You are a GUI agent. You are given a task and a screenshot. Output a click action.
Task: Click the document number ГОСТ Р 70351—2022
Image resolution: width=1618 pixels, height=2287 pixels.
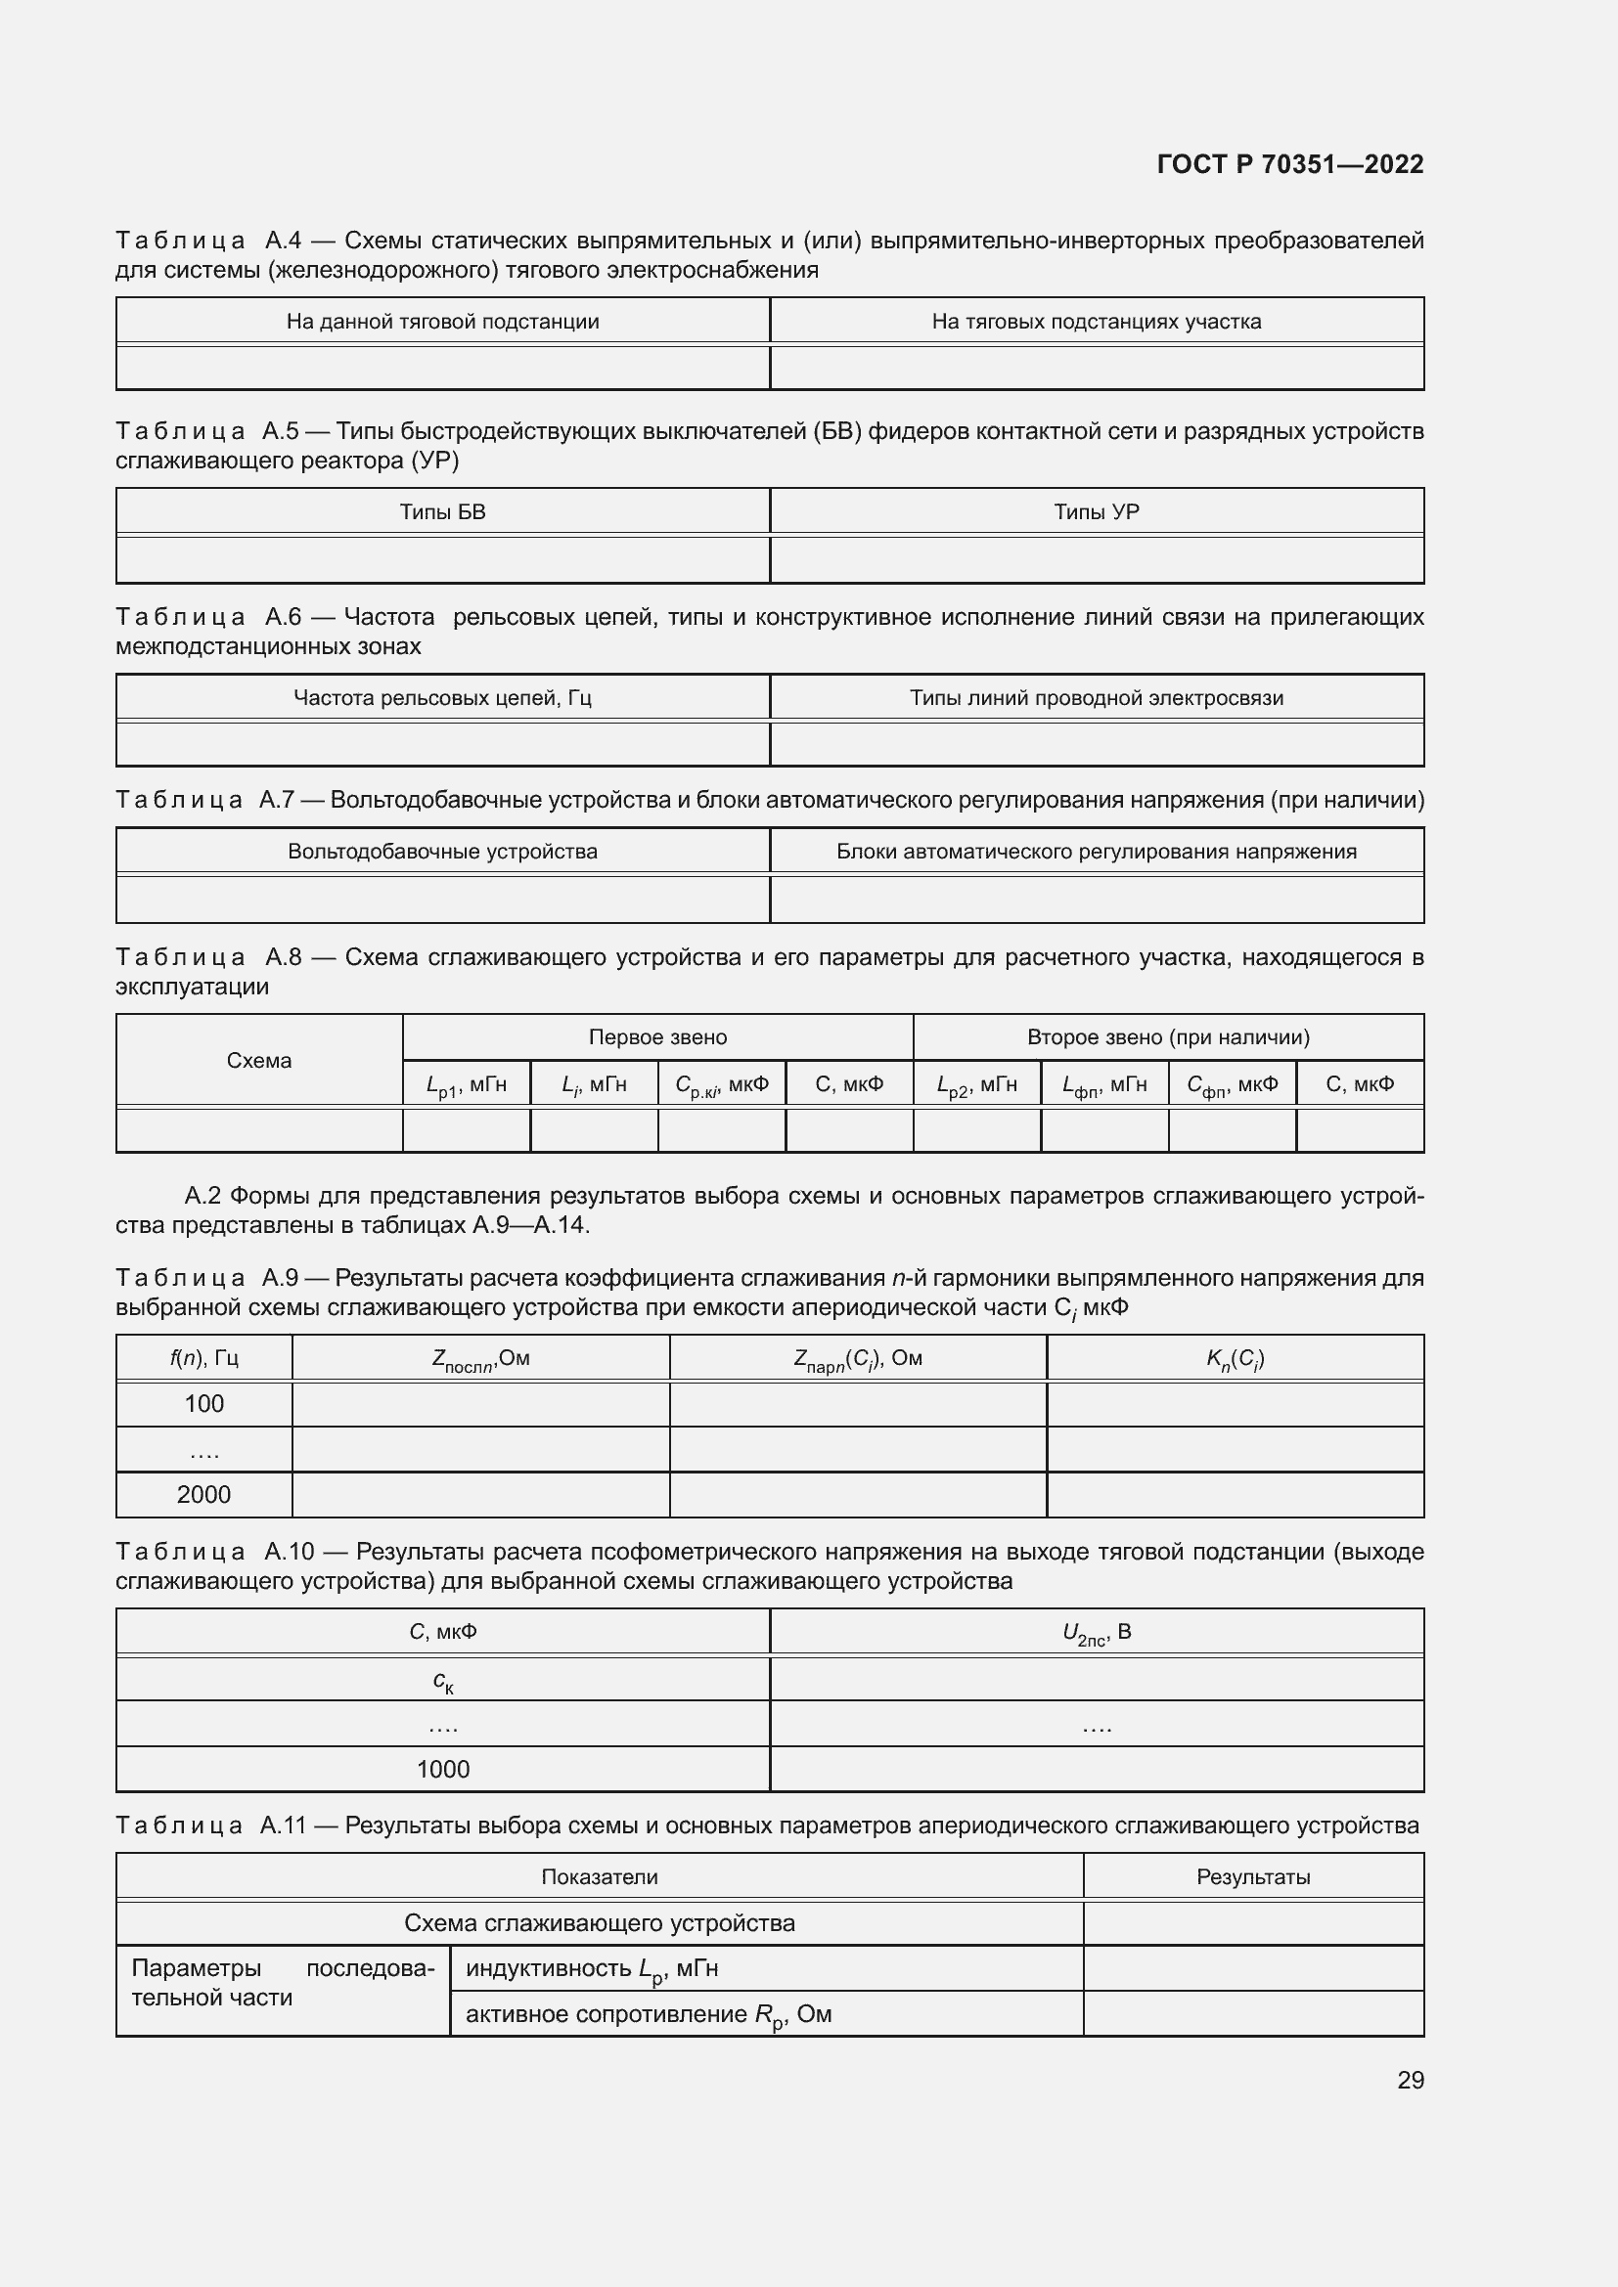pos(1289,164)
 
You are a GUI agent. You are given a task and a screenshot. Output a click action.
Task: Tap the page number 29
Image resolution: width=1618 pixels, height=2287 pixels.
pos(1410,2080)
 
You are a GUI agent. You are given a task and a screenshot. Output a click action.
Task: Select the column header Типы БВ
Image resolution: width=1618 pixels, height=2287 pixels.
pos(442,512)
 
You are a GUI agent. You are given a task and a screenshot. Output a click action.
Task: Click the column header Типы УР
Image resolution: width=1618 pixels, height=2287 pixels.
pos(1096,512)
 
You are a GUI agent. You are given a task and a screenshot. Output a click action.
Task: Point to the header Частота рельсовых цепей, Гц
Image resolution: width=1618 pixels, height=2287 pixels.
pos(442,698)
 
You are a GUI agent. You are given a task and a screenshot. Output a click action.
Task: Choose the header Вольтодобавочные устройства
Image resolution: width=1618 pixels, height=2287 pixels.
pos(442,852)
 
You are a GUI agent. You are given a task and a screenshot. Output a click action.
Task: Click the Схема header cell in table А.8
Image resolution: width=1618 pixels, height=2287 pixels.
pos(259,1061)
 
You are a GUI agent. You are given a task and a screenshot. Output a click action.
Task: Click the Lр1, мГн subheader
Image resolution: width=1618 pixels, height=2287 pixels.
pos(467,1084)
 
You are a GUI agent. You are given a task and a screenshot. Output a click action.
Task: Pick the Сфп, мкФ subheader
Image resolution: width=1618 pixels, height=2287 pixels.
pos(1232,1084)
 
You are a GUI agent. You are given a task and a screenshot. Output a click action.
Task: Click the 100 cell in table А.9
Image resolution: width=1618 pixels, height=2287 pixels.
pos(204,1404)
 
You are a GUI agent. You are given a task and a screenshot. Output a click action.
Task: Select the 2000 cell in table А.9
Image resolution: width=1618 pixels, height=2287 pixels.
pos(204,1495)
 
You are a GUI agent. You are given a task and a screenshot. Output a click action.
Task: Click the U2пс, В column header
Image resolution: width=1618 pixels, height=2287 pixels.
pos(1096,1633)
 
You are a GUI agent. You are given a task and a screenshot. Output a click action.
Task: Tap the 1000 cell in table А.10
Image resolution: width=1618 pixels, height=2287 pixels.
pos(442,1769)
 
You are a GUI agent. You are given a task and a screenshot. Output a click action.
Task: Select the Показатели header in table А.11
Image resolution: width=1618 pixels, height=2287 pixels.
pos(599,1877)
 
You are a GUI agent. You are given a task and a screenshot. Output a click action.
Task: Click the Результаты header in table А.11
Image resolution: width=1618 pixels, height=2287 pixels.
pos(1252,1877)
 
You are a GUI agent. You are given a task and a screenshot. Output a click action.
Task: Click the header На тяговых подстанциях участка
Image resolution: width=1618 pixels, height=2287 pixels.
pos(1096,322)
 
